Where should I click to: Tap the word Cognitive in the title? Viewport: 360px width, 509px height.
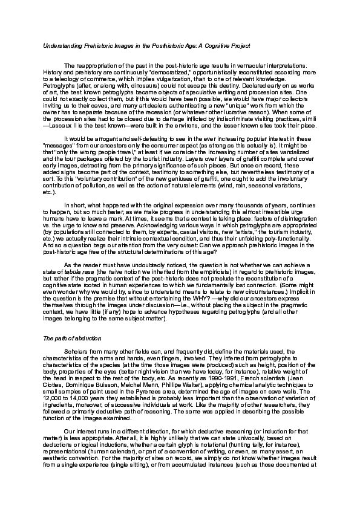click(198, 45)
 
